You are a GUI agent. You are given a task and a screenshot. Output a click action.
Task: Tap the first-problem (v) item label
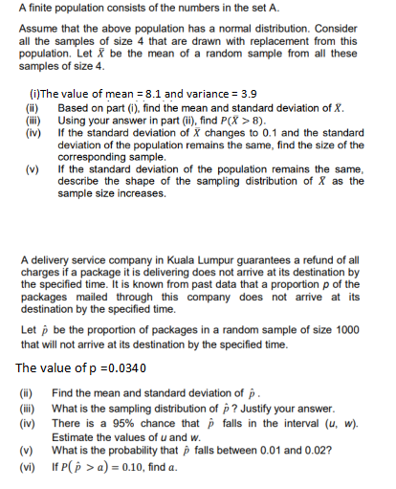(x=30, y=167)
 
